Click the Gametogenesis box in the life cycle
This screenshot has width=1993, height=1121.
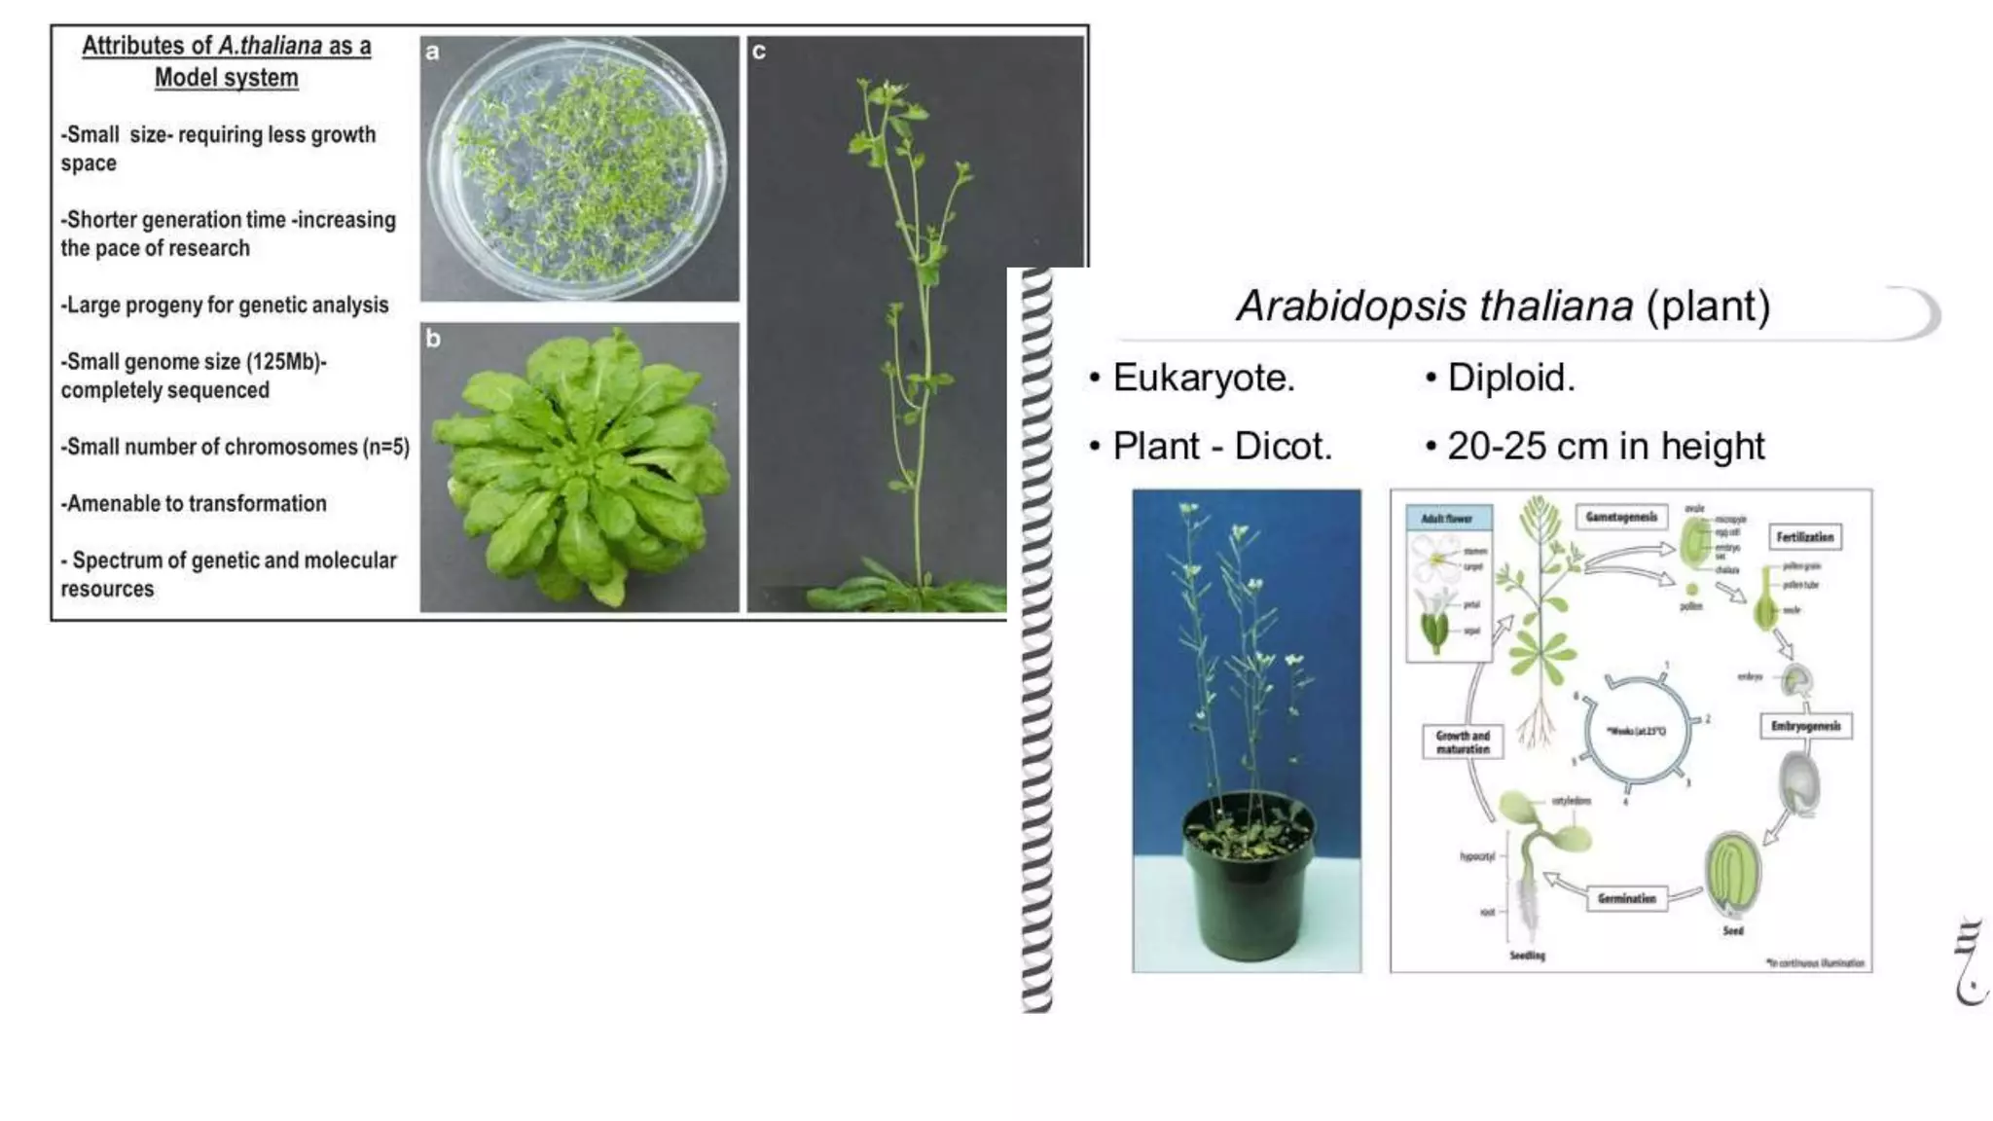(1620, 517)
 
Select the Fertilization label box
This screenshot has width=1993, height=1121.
(1804, 536)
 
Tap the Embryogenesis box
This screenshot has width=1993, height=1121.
(1805, 726)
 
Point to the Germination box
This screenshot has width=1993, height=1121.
(1626, 898)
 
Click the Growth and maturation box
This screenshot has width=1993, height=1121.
(1463, 741)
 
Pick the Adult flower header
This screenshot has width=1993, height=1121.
(1448, 519)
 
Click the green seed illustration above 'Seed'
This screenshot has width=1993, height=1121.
(1732, 871)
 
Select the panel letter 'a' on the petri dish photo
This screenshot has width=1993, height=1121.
(433, 53)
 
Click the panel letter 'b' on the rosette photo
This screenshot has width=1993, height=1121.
(433, 339)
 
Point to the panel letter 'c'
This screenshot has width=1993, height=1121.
(759, 53)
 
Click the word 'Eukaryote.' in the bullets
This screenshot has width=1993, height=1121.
(1204, 378)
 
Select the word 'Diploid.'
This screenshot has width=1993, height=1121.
(1510, 378)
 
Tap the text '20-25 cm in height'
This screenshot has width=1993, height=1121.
(1606, 446)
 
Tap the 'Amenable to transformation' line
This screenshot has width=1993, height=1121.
(195, 503)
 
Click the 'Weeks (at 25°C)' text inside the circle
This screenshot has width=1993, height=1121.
(1637, 730)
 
